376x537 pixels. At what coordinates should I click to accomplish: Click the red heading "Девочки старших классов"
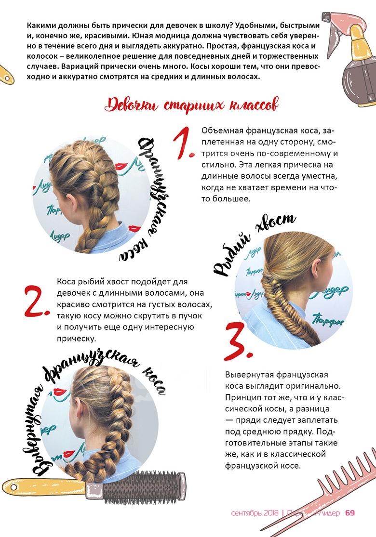tap(191, 105)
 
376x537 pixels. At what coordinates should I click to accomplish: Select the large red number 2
tap(37, 301)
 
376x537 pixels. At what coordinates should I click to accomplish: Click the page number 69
tap(350, 513)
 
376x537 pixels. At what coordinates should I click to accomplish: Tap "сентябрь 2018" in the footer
tap(255, 513)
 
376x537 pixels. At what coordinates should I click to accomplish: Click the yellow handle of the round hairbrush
tap(44, 486)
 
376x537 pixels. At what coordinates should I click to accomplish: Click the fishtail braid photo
tap(294, 290)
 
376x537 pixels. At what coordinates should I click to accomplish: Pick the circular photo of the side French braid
tap(92, 195)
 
